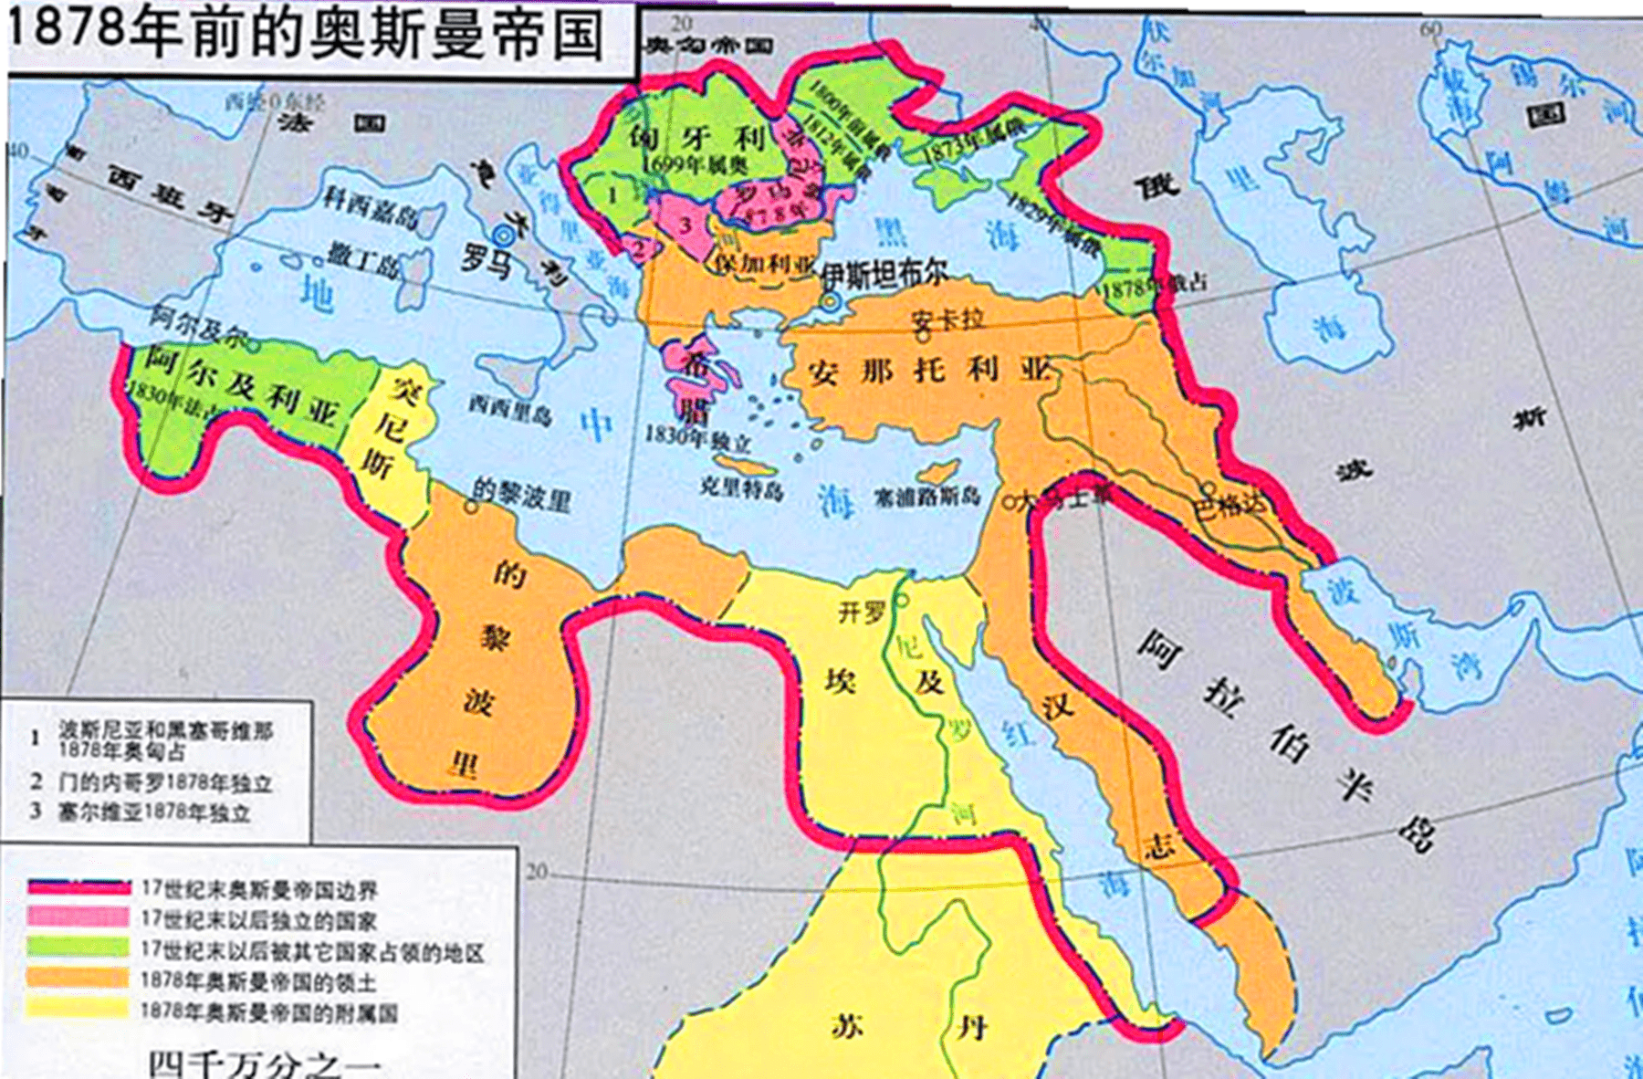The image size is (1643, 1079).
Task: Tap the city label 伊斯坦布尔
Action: pos(884,273)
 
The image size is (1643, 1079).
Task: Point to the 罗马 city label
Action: pos(486,257)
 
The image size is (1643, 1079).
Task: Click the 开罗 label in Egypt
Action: pos(862,612)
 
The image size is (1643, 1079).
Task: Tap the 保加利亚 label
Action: pos(765,264)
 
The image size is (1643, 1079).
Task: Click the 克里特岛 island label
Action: pos(741,489)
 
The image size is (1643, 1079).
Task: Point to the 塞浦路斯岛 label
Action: pos(926,497)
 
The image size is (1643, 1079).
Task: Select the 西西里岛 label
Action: pos(510,412)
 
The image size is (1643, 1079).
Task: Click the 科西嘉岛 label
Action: pos(369,207)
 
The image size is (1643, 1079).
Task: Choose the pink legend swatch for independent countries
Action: pos(78,917)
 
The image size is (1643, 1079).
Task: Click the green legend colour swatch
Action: pos(78,948)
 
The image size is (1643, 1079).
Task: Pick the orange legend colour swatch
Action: pos(78,978)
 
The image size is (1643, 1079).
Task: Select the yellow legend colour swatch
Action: pos(78,1008)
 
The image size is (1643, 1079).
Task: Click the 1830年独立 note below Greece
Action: pos(697,439)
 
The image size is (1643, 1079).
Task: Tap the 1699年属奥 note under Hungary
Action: pos(695,164)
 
